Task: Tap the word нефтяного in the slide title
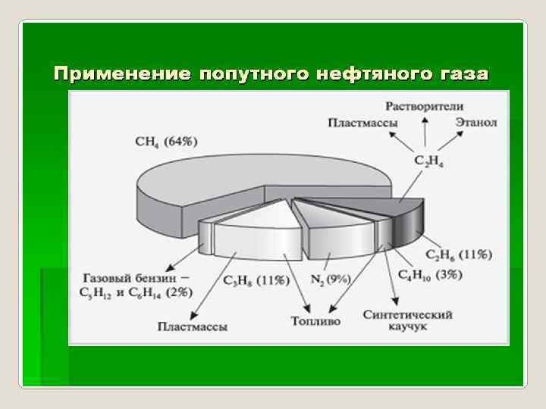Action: pos(371,74)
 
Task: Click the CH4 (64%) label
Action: pos(166,141)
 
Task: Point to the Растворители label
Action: pos(424,107)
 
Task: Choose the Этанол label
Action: pos(476,121)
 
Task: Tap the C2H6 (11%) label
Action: pos(458,254)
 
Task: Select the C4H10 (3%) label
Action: pos(430,276)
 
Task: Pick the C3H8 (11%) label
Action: pos(256,281)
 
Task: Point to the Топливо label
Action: pos(315,321)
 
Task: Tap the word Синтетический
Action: pos(408,314)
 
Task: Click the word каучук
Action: pos(408,327)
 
